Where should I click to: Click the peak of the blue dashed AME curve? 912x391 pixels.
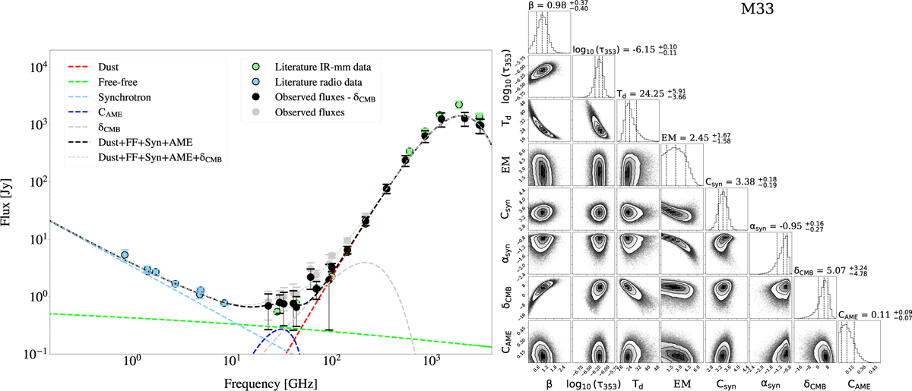pyautogui.click(x=280, y=328)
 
